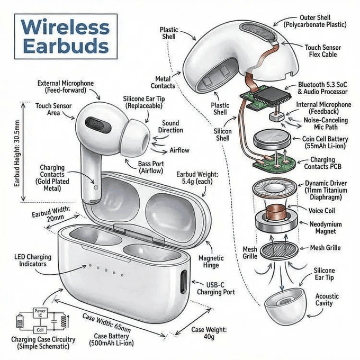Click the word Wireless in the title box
point(66,27)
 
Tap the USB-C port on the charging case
point(184,282)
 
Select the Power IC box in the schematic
point(40,313)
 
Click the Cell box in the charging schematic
point(40,330)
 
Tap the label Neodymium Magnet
point(326,228)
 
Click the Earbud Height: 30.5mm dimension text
point(17,154)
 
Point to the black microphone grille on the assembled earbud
point(98,125)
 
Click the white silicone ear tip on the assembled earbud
point(135,137)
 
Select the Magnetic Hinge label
point(211,262)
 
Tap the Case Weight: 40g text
point(209,333)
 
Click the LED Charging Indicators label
point(33,260)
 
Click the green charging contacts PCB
point(274,163)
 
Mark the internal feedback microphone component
point(277,116)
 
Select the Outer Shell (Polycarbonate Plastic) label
point(315,21)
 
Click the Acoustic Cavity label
point(327,300)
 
